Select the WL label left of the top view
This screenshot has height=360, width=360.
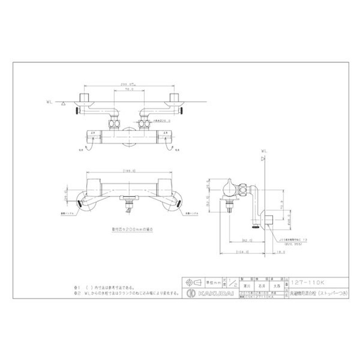pyautogui.click(x=50, y=103)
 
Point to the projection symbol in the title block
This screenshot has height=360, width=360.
pyautogui.click(x=191, y=283)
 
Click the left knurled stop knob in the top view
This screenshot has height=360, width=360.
pyautogui.click(x=78, y=110)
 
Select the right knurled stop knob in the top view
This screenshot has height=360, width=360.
pyautogui.click(x=183, y=110)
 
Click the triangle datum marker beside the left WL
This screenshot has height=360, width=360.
pyautogui.click(x=64, y=104)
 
